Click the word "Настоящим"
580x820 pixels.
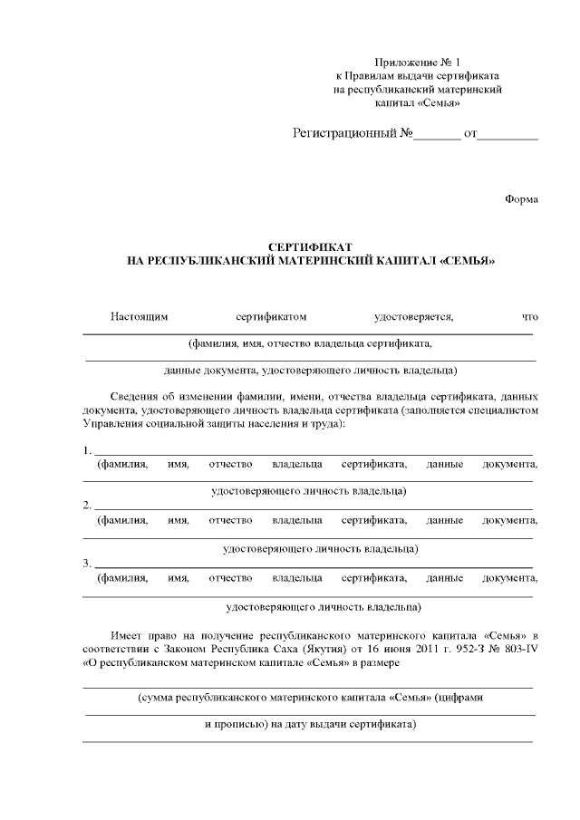pos(140,317)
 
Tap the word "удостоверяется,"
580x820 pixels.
pos(414,317)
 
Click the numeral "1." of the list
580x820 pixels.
pos(86,450)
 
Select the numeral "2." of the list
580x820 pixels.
pos(86,505)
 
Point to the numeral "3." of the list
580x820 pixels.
pos(86,563)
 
